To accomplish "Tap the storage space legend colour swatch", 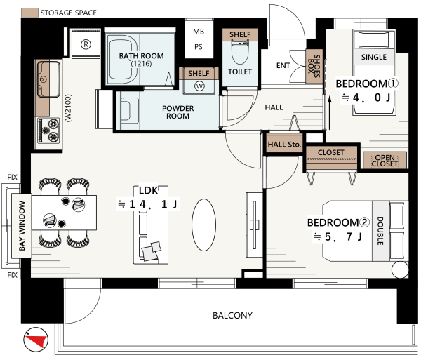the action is (29, 13).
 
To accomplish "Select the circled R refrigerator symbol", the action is (86, 44).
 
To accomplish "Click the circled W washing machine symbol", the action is (199, 86).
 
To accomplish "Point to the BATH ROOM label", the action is (141, 56).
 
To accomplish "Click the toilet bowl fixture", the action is (240, 52).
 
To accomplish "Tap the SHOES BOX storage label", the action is (314, 66).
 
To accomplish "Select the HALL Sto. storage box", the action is (284, 143).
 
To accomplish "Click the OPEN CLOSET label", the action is (385, 161).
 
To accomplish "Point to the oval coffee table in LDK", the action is (203, 225).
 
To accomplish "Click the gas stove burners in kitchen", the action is (49, 131).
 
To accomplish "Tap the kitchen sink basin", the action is (48, 79).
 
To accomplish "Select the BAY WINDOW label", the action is (22, 225).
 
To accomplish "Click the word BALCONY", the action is (232, 315).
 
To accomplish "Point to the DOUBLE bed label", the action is (380, 231).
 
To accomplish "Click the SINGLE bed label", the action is (374, 57).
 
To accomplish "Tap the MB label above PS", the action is (199, 32).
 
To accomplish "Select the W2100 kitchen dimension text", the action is (69, 108).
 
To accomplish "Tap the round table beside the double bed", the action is (400, 269).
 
